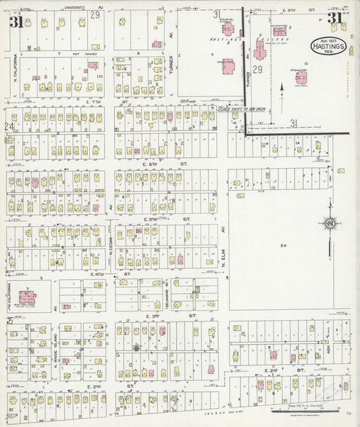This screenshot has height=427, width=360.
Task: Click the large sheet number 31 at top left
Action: pyautogui.click(x=14, y=22)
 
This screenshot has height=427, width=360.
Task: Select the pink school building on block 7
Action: pyautogui.click(x=28, y=297)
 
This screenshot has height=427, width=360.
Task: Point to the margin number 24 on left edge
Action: pyautogui.click(x=9, y=126)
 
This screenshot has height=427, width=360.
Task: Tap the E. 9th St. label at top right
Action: pyautogui.click(x=288, y=9)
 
